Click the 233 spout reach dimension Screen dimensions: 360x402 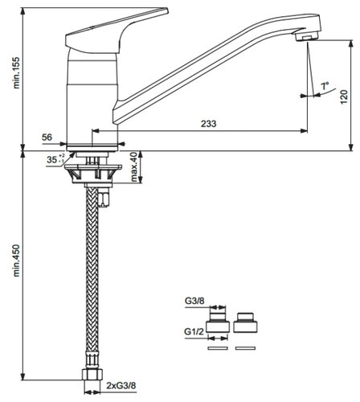[208, 124]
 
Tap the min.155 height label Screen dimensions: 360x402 [17, 72]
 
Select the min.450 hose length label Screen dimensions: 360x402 [17, 260]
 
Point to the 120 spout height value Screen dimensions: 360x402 [344, 96]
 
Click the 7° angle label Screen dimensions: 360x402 [325, 86]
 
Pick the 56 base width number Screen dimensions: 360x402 [47, 137]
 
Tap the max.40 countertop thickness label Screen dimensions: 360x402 [134, 166]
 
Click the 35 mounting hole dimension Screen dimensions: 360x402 [55, 159]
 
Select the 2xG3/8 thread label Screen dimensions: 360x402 [121, 386]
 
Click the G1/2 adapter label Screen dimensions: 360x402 [194, 331]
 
